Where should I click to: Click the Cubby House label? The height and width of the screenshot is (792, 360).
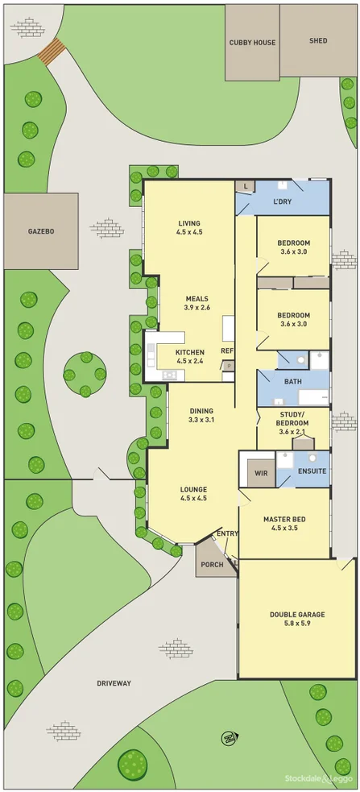(x=252, y=43)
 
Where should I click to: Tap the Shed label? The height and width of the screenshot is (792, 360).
(x=318, y=40)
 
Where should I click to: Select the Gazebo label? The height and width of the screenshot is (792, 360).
(x=41, y=231)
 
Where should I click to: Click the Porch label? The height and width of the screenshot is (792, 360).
(x=212, y=564)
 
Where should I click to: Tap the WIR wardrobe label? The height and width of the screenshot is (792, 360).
(x=261, y=473)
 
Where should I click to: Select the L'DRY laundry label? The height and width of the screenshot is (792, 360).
(x=282, y=201)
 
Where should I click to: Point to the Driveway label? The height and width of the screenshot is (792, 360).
(x=114, y=683)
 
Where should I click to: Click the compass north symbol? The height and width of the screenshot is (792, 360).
(x=229, y=736)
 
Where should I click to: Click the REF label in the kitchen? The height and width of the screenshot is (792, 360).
(x=227, y=351)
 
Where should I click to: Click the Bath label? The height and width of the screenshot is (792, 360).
(x=292, y=382)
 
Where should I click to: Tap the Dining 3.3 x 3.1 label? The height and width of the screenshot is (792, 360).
(x=201, y=414)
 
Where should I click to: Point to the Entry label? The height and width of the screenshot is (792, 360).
(x=227, y=533)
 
